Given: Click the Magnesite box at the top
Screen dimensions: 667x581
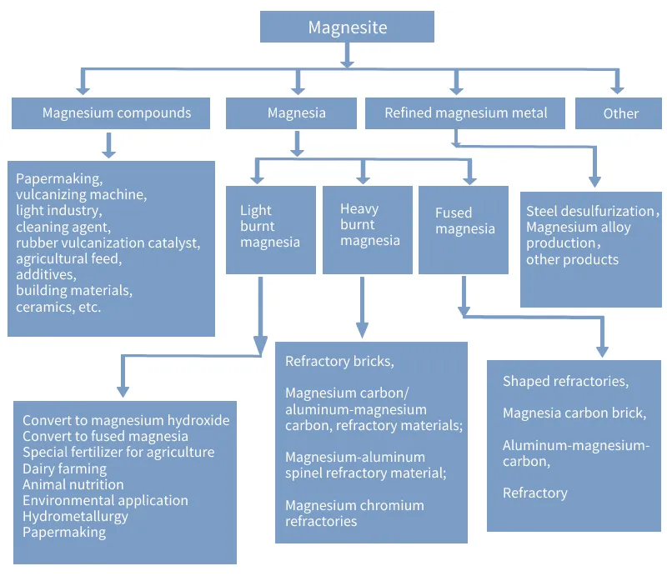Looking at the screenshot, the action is click(347, 27).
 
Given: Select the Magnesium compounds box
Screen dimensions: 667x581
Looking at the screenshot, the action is click(111, 113).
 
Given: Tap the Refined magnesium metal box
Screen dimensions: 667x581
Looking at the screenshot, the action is click(465, 113).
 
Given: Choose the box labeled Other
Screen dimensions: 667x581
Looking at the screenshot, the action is click(619, 113).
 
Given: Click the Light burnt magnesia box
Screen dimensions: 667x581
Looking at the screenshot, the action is click(271, 230).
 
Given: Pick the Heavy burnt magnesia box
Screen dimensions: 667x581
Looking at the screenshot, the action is click(368, 230).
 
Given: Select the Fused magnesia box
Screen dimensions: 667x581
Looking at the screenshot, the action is click(464, 230).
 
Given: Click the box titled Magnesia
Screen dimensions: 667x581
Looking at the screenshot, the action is click(291, 113).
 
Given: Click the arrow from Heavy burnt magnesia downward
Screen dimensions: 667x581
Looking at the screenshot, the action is click(362, 308).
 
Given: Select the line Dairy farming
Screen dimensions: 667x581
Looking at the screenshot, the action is click(65, 468).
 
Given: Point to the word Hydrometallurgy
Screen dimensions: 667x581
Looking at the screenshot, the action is click(75, 516).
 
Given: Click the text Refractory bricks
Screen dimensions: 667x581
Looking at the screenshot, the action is click(339, 361).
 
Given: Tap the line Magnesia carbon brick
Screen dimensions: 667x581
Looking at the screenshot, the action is click(574, 413).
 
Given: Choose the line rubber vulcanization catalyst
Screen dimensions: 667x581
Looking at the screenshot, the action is click(108, 243).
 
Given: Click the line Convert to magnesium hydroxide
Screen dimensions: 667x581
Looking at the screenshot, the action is click(126, 420).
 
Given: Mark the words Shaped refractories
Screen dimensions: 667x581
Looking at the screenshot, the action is click(565, 381).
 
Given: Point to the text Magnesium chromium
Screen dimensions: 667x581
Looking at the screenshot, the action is click(354, 505).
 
